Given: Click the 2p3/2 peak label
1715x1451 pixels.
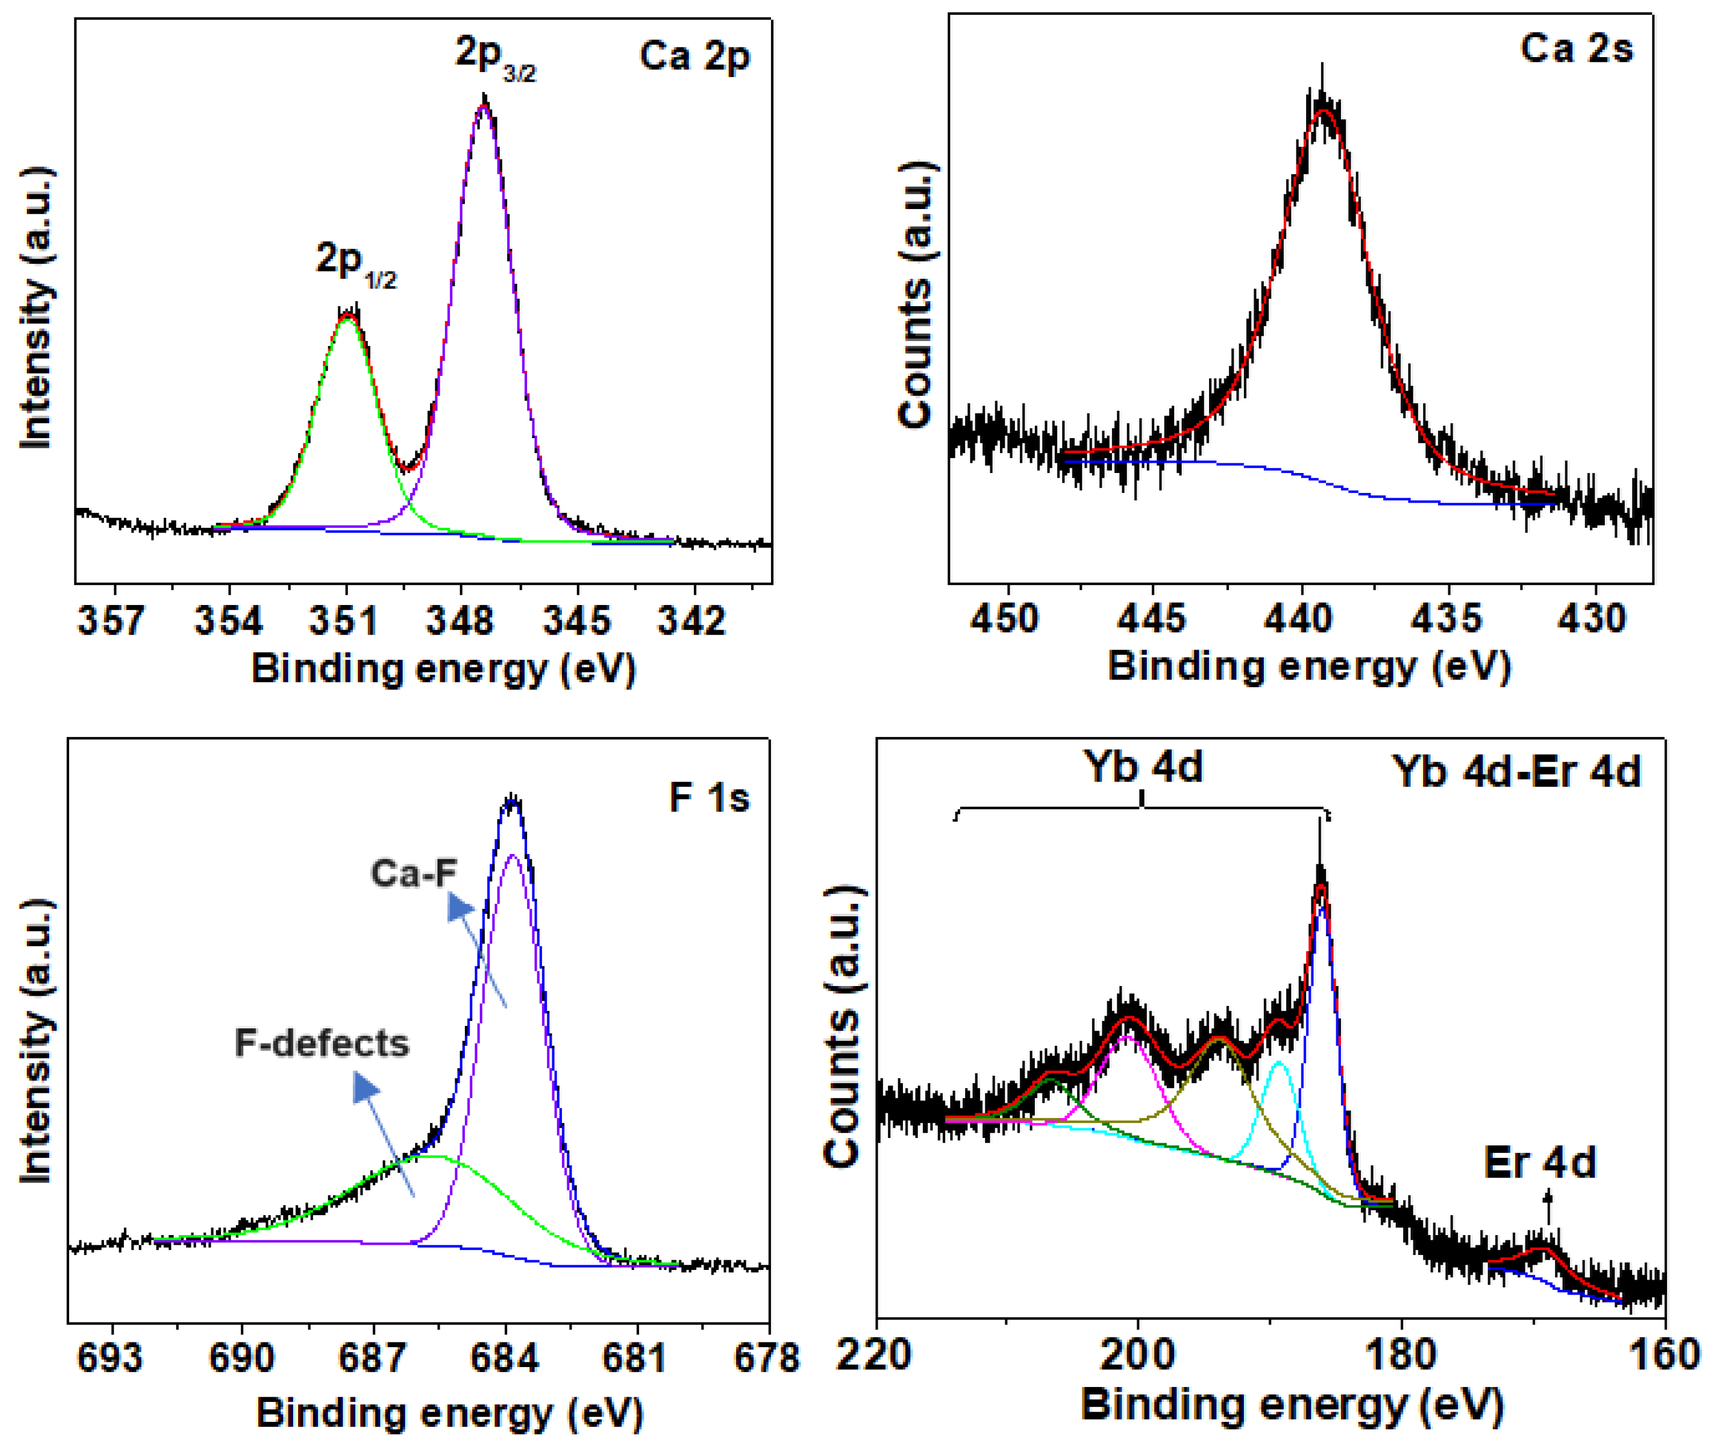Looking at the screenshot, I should pos(495,59).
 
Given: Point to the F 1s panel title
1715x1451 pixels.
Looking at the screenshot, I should pos(709,798).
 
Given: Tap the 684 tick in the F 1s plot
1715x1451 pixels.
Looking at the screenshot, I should pos(505,1357).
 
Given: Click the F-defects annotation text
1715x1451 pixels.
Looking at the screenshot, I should pos(322,1043).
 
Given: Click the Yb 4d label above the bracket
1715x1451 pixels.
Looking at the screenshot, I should pos(1143,766).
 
